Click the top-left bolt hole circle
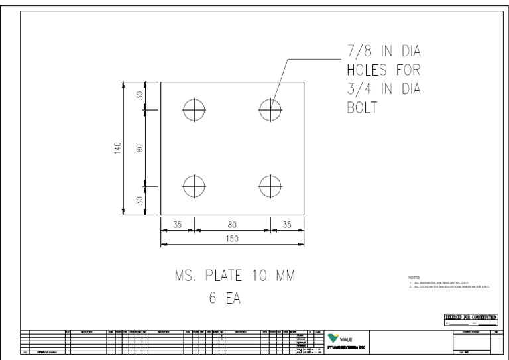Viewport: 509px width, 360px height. click(194, 110)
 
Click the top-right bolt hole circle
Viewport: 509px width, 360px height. click(270, 110)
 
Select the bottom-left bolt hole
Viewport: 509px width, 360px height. click(194, 186)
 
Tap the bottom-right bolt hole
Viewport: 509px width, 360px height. click(270, 186)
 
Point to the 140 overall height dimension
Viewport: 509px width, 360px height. click(117, 147)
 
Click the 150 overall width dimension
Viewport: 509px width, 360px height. click(232, 239)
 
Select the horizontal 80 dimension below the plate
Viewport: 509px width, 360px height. click(232, 225)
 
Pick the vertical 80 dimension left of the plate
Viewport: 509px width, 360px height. click(140, 147)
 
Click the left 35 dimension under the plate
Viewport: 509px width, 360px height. click(177, 225)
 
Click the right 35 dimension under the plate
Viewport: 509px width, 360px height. click(287, 225)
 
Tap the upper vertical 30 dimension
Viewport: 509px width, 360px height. click(140, 95)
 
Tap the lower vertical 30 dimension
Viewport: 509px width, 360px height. click(140, 200)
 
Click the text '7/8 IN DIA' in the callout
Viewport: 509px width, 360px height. click(384, 52)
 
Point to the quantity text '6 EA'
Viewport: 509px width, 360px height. click(225, 299)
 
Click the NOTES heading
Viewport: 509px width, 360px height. click(416, 277)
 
